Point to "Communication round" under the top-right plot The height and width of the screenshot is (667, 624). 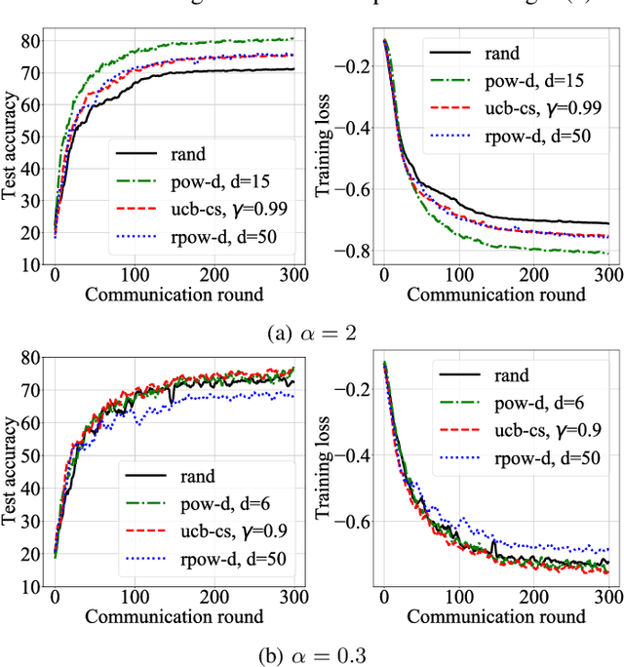pos(496,294)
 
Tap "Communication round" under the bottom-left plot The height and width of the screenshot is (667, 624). pos(174,616)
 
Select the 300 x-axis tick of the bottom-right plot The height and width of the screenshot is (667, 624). pos(606,597)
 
